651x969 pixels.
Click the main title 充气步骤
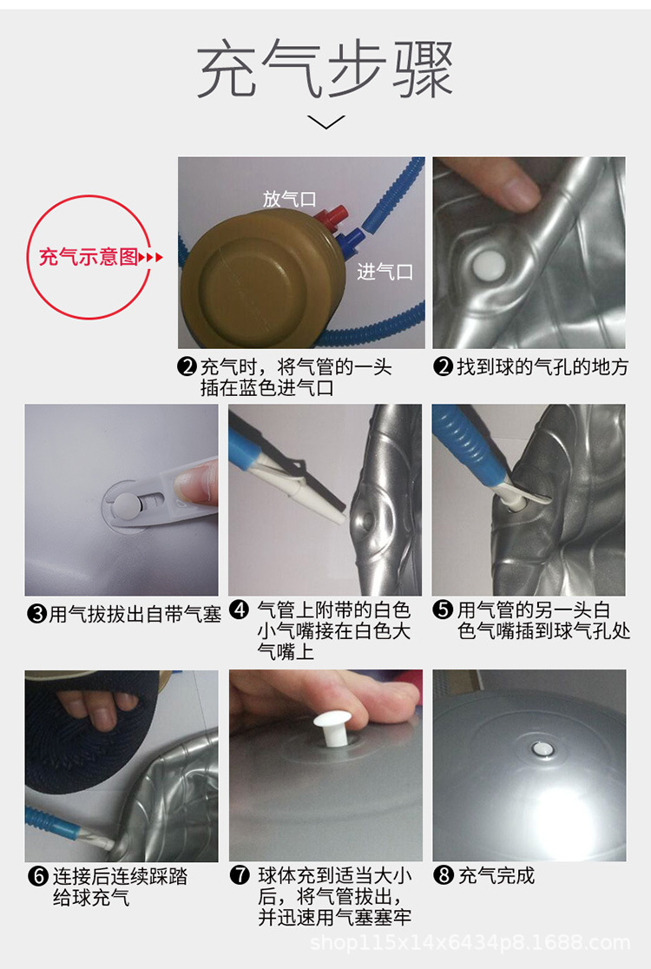[325, 71]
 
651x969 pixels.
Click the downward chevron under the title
[326, 122]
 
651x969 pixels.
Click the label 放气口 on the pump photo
[289, 199]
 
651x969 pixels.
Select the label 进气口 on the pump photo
[385, 272]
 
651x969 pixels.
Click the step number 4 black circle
[240, 610]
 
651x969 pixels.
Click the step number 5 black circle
[444, 610]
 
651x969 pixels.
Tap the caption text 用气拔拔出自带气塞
[135, 615]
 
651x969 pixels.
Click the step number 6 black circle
[37, 876]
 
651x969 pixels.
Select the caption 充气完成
[496, 875]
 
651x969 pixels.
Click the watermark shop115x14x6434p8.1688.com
[470, 942]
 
